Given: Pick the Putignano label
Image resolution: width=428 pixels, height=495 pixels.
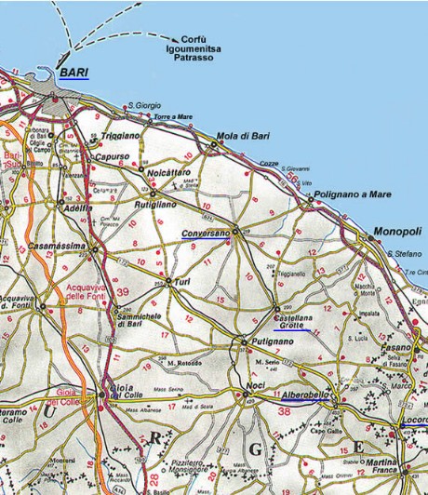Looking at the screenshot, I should point(273,341).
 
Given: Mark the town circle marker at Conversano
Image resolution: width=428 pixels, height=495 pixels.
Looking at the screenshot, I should point(235,231).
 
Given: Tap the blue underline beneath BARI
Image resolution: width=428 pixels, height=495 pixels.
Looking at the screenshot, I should point(72,79).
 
